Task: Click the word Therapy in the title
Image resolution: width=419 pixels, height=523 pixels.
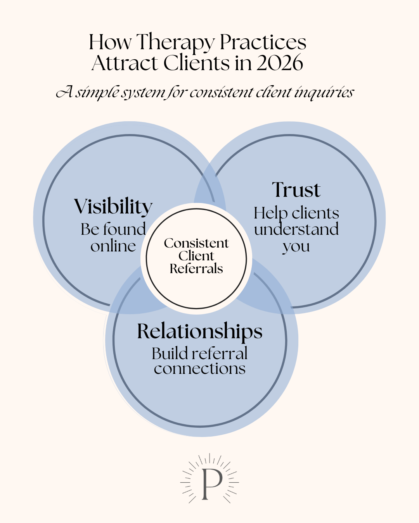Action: click(175, 43)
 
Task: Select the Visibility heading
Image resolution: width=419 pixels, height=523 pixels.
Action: click(113, 206)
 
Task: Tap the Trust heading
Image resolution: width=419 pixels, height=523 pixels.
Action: click(296, 190)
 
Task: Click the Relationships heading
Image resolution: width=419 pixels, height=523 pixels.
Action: click(200, 332)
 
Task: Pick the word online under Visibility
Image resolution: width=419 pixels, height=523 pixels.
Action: click(113, 246)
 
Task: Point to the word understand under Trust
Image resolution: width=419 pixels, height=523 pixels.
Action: click(296, 229)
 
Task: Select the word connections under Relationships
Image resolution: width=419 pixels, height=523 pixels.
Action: click(200, 368)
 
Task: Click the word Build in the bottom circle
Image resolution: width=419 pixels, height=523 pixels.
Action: click(169, 353)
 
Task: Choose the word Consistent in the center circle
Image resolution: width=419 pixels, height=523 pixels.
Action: click(196, 243)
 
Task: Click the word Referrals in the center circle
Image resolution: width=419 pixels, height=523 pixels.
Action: click(196, 269)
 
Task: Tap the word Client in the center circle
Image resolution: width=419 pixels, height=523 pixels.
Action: click(196, 256)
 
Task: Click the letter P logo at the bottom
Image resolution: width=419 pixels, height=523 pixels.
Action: click(210, 483)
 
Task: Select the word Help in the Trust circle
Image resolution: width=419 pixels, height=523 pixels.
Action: click(270, 213)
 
